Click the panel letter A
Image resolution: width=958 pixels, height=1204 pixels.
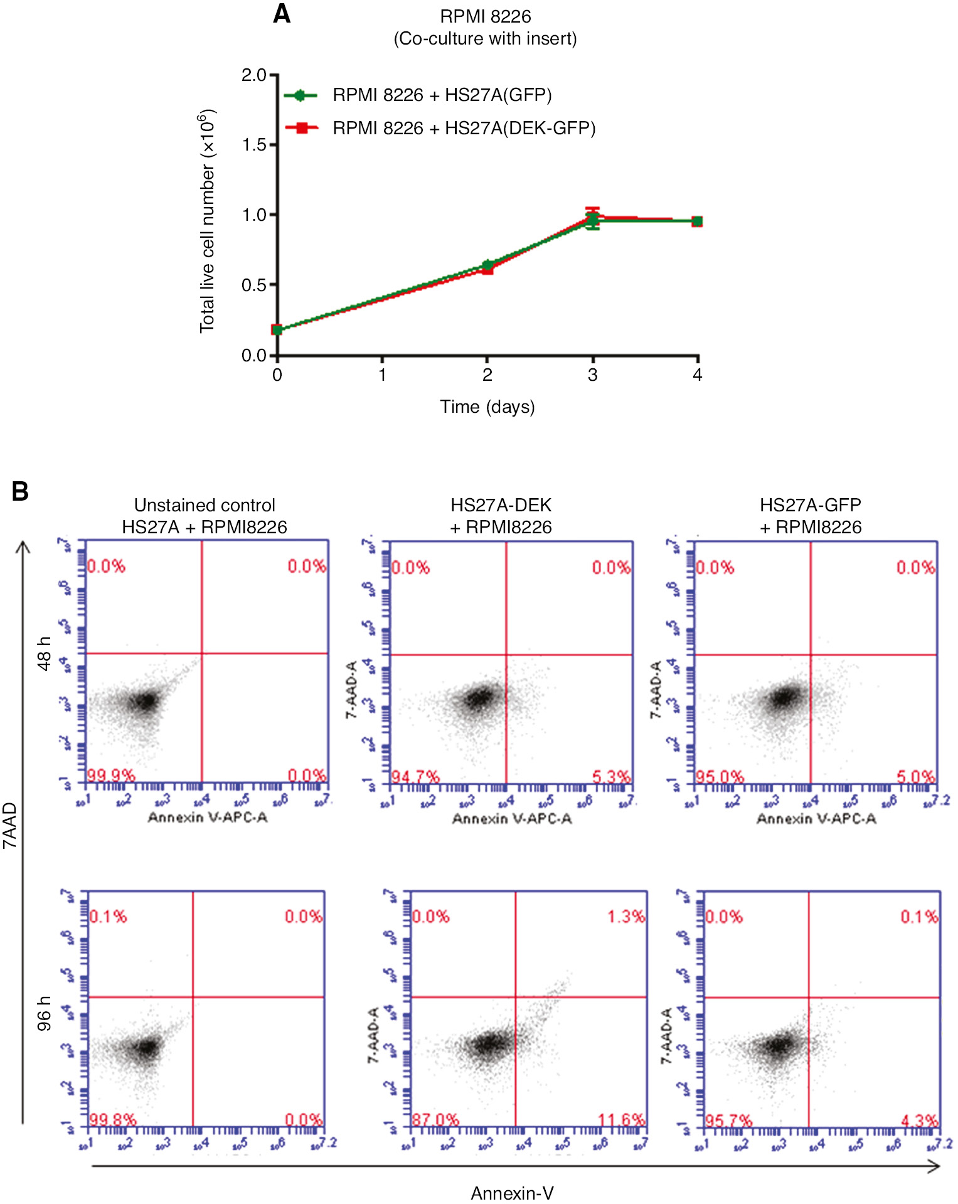282,14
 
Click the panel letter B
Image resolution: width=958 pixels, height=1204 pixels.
20,491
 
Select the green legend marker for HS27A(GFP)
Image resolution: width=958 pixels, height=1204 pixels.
300,95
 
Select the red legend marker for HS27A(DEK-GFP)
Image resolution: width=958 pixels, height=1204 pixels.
302,128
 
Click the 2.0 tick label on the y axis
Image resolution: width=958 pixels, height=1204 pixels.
254,75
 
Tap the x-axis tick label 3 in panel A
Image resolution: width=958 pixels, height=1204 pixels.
592,375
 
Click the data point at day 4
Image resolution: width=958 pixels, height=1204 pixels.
697,221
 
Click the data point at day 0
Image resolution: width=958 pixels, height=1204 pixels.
277,329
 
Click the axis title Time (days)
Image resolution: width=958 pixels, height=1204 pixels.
487,407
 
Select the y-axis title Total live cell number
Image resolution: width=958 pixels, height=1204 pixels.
208,221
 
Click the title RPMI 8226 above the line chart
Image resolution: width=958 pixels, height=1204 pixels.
485,16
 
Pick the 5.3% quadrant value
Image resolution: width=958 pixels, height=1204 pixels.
610,777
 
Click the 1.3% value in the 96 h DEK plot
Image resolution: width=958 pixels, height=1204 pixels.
625,917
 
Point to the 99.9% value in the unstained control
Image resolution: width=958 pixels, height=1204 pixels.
110,775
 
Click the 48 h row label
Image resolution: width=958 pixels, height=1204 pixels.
44,653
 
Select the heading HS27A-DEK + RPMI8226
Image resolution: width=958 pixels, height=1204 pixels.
501,516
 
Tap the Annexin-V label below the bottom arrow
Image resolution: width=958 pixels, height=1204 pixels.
512,1193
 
